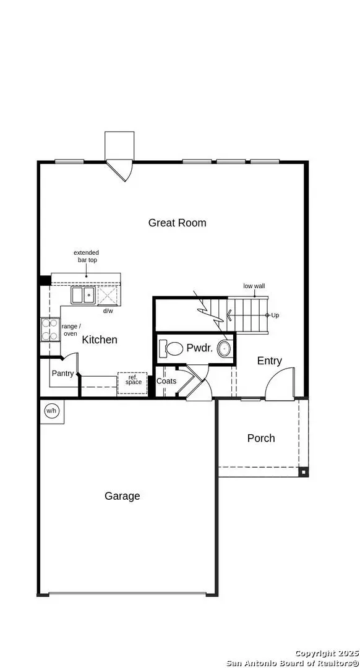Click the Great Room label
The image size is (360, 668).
pos(177,223)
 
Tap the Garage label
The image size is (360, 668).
pos(122,496)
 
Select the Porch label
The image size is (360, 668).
pos(261,438)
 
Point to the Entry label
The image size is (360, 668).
pos(269,361)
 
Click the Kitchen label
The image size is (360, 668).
pos(100,340)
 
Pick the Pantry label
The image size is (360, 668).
pos(62,374)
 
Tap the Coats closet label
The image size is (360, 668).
pos(166,381)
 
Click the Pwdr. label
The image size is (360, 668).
pos(199,348)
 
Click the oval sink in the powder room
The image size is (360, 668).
pos(225,348)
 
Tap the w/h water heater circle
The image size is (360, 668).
pos(52,411)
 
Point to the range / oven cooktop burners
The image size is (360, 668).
pos(49,330)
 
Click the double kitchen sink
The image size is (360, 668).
pos(83,295)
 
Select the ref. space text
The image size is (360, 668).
pos(133,380)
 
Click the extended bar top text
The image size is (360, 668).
pos(86,256)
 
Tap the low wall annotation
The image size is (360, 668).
pos(254,286)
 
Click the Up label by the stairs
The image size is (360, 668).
pos(275,315)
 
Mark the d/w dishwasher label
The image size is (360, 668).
pos(108,310)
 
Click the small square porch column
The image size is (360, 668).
pos(302,472)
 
